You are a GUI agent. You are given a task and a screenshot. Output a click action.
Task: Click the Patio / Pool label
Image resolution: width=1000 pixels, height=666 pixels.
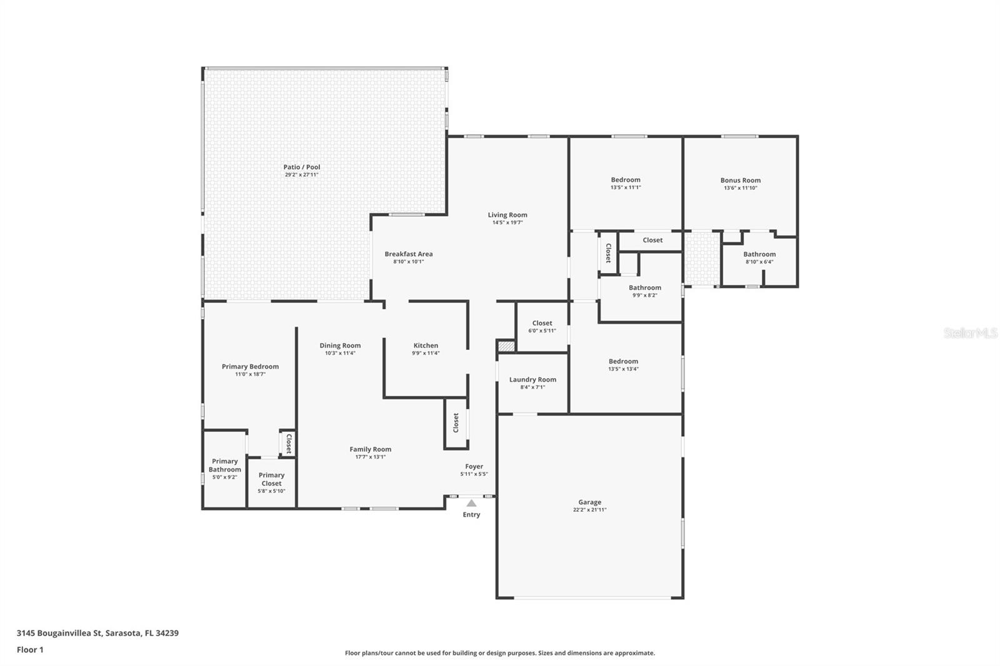302,167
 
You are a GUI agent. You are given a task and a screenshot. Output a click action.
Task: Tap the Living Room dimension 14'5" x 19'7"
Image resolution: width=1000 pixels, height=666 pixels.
507,222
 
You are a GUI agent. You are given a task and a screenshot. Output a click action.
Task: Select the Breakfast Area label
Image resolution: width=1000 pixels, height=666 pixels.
408,254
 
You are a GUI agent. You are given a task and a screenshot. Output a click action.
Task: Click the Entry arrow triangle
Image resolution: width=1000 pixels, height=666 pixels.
471,503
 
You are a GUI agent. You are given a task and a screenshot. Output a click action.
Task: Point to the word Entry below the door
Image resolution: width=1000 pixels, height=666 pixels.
471,515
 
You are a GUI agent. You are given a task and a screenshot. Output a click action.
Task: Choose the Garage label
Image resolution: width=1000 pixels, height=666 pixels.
589,502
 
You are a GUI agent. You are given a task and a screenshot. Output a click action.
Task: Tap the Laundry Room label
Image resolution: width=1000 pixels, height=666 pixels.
532,379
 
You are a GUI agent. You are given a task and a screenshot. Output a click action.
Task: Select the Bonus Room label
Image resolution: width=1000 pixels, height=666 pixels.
740,180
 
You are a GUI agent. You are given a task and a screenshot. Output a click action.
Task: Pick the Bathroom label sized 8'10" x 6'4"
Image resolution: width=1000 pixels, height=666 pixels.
759,254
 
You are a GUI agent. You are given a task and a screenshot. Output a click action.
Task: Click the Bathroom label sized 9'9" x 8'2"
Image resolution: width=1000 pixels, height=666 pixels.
644,288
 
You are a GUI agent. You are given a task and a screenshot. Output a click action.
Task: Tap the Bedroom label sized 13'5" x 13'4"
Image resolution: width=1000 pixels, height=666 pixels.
623,361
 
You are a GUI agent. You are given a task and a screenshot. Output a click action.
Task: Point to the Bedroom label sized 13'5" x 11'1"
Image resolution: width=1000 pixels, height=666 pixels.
625,180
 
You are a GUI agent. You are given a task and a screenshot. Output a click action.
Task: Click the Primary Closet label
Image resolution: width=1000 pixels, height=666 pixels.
271,479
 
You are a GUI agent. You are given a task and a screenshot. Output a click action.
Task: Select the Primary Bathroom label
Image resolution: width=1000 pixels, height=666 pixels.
224,465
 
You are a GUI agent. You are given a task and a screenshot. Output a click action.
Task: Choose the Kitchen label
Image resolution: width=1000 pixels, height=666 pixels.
426,345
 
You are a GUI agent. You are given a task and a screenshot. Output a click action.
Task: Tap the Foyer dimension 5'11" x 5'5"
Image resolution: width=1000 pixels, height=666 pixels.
474,474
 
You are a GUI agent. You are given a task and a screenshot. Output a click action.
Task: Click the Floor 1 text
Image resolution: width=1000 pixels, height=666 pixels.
30,650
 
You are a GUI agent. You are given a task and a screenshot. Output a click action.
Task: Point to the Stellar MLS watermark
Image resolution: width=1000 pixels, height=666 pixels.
970,333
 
